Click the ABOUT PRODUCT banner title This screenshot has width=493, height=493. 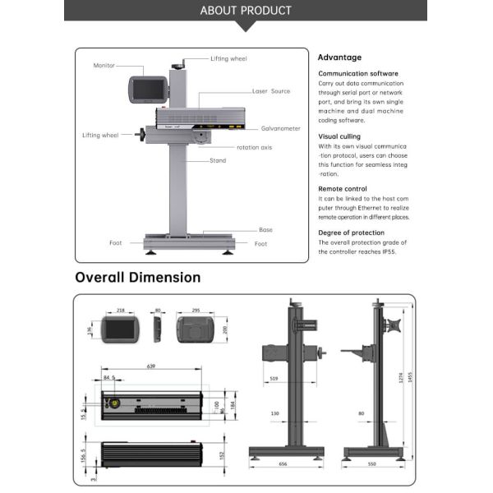pos(246,11)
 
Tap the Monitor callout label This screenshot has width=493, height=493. pos(104,65)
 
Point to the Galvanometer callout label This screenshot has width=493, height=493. pos(281,128)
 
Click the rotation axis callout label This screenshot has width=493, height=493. pos(255,147)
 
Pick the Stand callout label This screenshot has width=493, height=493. pos(218,160)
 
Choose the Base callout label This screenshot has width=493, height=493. pos(266,230)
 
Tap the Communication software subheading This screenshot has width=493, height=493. pos(358,73)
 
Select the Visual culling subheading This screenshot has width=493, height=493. pos(339,136)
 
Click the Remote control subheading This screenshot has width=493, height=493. pos(343,189)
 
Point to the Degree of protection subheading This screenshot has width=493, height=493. pos(352,233)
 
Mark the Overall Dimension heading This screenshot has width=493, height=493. pos(138,278)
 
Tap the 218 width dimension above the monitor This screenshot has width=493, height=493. pos(121,311)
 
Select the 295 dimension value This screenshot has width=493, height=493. pos(195,311)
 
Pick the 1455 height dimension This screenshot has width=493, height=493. pos(408,376)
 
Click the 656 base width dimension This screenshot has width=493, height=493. pos(284,464)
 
